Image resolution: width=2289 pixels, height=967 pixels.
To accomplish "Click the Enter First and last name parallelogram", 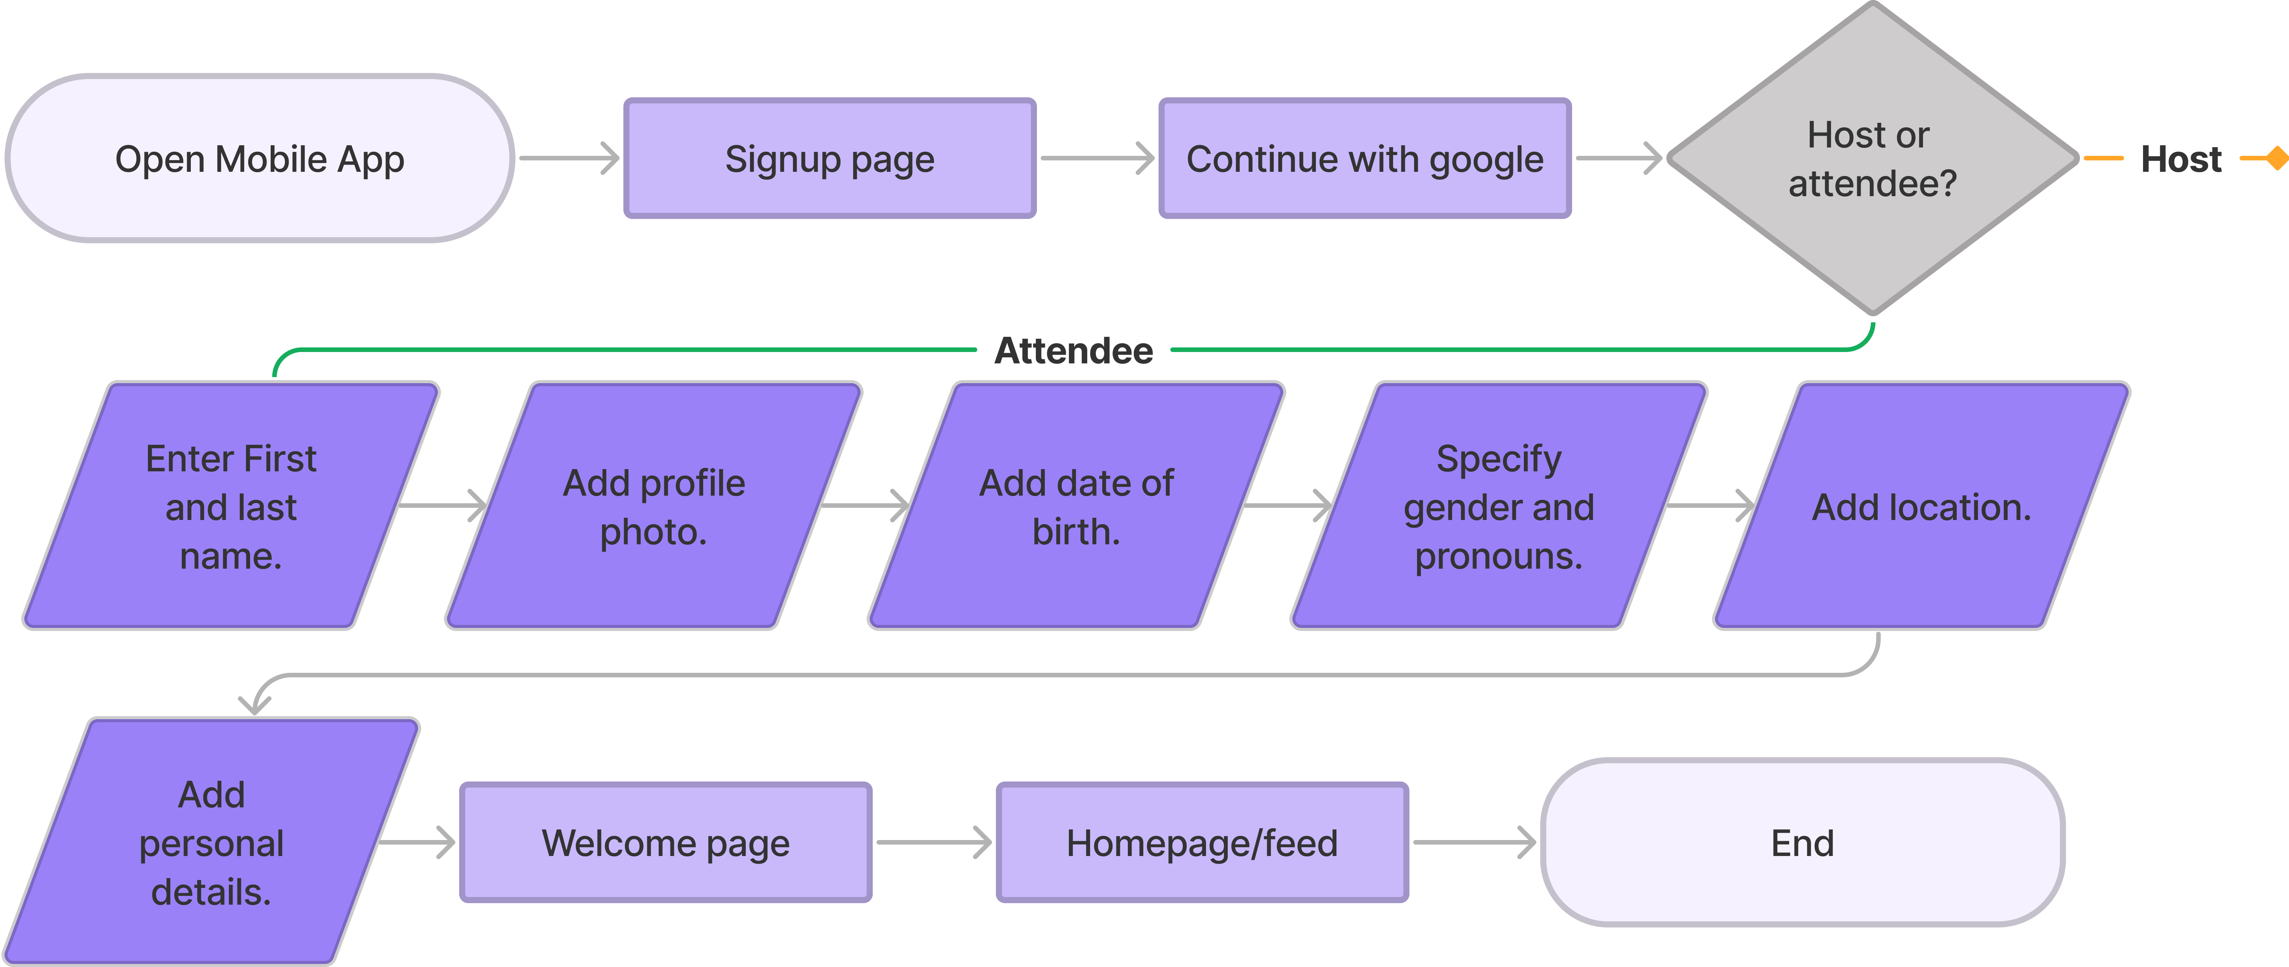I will [x=231, y=507].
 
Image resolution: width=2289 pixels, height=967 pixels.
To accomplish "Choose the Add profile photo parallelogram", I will [x=654, y=507].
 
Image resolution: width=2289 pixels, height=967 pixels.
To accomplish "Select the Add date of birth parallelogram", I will [x=1076, y=507].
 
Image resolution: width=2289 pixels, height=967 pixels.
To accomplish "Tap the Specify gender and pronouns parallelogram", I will [x=1499, y=507].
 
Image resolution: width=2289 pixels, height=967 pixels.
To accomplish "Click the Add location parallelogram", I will [x=1921, y=507].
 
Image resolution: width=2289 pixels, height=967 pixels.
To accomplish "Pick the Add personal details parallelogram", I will [x=211, y=843].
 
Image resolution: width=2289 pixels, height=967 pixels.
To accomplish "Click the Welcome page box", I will [x=666, y=843].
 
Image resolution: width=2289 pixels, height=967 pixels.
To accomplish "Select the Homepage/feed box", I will [x=1202, y=843].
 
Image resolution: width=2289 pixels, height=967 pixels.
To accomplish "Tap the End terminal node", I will [x=1802, y=843].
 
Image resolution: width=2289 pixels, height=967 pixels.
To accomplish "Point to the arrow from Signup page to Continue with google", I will [x=1097, y=158].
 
